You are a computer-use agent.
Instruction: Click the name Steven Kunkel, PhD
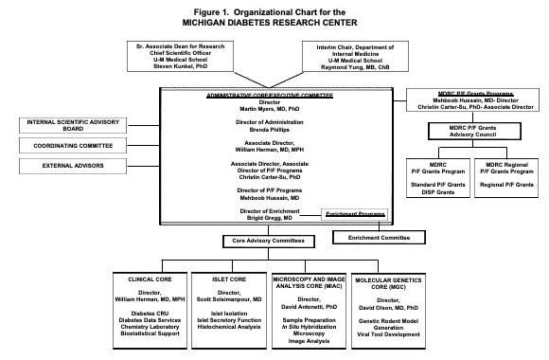pyautogui.click(x=179, y=66)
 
